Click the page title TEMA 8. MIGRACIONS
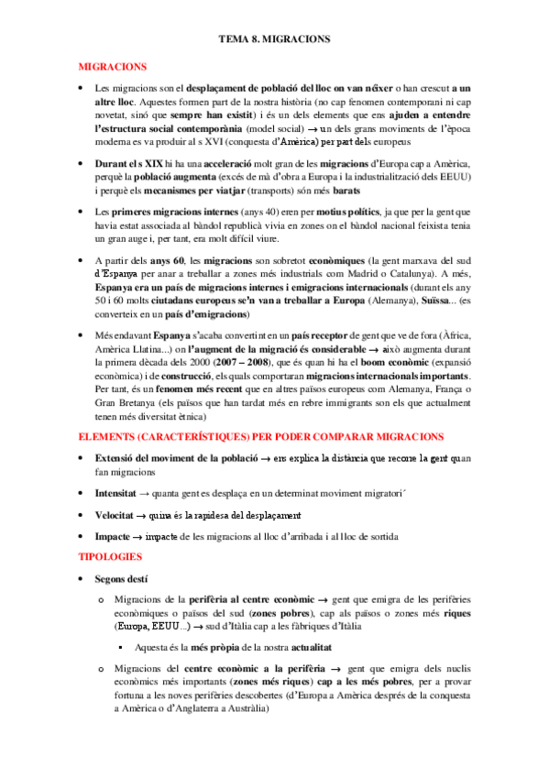(x=274, y=40)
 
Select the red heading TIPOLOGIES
(x=110, y=556)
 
